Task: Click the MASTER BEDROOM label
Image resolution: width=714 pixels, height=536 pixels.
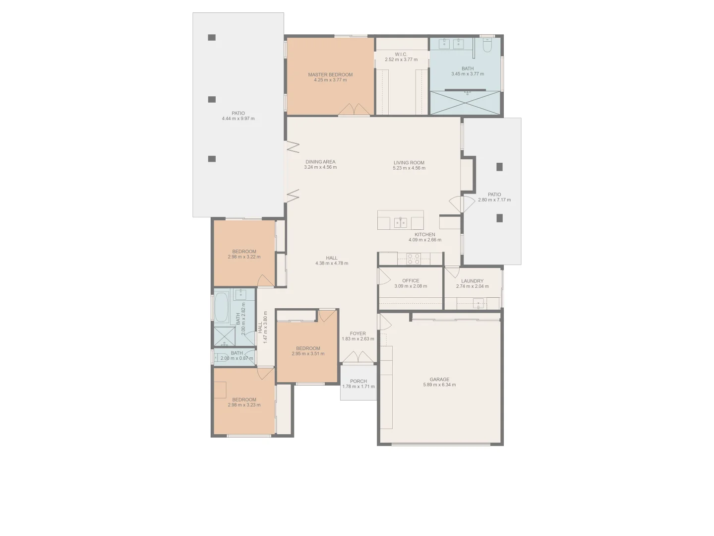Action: point(330,75)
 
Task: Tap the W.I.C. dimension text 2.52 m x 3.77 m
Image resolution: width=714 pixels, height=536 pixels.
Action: point(401,60)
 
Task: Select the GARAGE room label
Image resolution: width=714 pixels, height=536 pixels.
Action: point(439,380)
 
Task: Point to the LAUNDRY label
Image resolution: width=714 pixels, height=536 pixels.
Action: point(472,281)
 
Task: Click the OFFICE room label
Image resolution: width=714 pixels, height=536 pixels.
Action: point(411,281)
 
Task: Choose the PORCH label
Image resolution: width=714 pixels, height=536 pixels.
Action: point(358,381)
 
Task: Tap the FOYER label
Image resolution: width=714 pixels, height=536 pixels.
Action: point(357,334)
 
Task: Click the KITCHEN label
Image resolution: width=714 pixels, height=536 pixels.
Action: point(425,235)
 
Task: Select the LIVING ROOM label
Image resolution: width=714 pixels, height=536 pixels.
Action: point(409,163)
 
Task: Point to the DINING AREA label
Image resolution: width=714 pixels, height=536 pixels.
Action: point(320,162)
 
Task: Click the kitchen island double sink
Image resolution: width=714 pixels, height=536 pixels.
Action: point(401,222)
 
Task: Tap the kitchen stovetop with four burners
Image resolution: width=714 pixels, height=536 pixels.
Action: point(414,259)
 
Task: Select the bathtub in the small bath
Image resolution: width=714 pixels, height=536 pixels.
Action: point(222,308)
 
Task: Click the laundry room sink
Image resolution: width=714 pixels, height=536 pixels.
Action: point(478,302)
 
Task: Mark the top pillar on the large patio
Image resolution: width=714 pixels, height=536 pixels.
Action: point(212,37)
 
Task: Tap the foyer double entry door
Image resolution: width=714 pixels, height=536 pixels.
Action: point(358,357)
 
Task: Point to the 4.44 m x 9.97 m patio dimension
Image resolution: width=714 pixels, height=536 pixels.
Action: point(238,119)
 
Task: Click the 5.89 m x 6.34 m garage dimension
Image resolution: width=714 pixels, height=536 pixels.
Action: point(439,385)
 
